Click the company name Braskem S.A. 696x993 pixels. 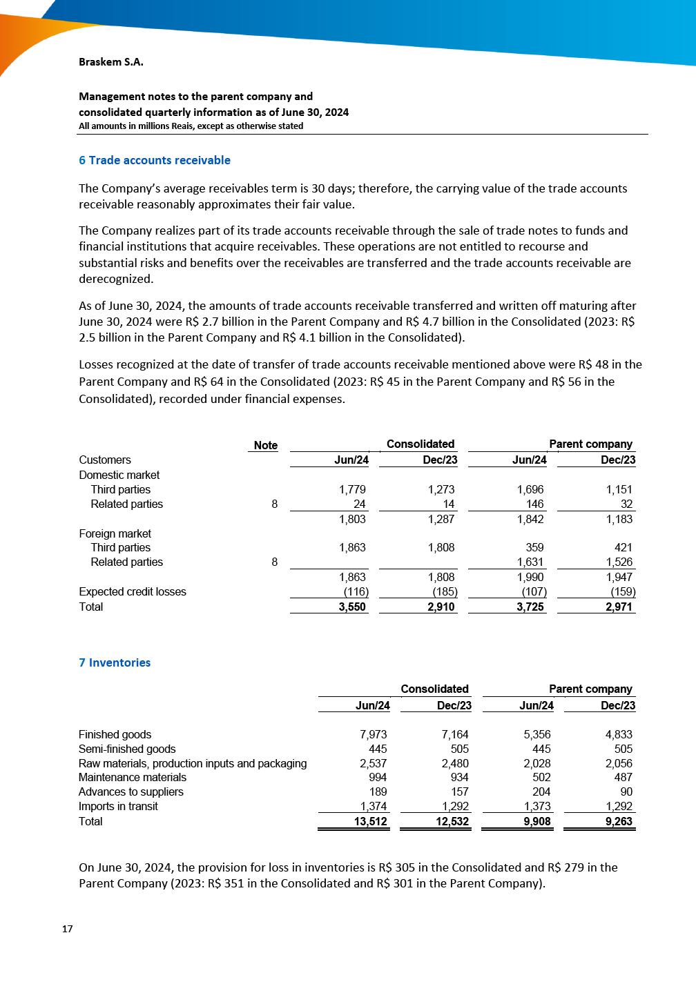[x=111, y=62]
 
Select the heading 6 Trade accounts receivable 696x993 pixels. [x=155, y=160]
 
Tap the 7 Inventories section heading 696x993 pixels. [x=115, y=662]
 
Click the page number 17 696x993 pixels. [x=67, y=929]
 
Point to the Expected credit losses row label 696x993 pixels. [x=133, y=591]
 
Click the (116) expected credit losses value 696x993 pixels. [x=356, y=591]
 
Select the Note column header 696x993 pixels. [x=266, y=445]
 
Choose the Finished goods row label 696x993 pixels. [x=115, y=734]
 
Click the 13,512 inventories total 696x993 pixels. [x=371, y=821]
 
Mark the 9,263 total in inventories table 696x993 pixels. [x=619, y=821]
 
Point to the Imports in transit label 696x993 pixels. [x=118, y=806]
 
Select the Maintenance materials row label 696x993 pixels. [x=133, y=777]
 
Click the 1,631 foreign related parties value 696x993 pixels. [x=530, y=562]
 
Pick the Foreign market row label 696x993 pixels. [x=115, y=533]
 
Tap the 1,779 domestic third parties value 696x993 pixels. [x=352, y=489]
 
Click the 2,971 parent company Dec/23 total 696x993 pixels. [x=619, y=607]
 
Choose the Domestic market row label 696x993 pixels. [x=119, y=475]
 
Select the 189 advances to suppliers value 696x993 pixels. [x=378, y=792]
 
